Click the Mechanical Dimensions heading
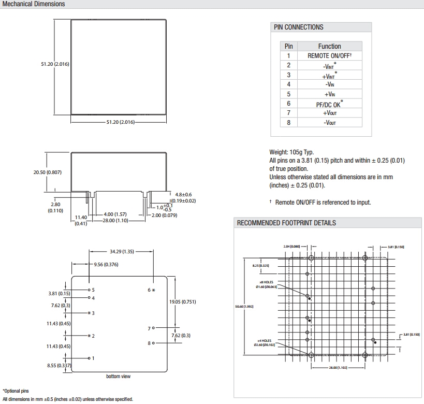(x=34, y=4)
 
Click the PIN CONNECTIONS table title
(x=299, y=27)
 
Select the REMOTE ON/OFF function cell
(x=329, y=55)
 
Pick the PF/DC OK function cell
(x=329, y=104)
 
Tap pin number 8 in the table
(x=289, y=123)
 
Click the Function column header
(x=329, y=46)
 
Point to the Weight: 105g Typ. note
(x=291, y=152)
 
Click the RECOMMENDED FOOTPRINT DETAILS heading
(x=286, y=223)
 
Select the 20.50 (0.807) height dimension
(x=48, y=172)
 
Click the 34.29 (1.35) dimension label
(x=122, y=252)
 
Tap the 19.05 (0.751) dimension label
(x=182, y=301)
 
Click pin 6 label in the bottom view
(x=151, y=290)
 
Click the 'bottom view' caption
(x=118, y=376)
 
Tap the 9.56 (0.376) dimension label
(x=106, y=264)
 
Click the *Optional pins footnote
(x=16, y=391)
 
